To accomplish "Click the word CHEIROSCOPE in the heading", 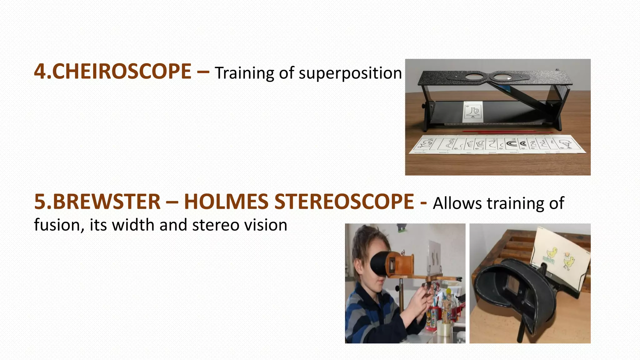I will click(x=122, y=72).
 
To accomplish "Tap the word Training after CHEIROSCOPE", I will click(x=244, y=73).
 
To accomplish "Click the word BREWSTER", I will click(x=107, y=202).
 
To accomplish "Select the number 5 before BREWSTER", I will click(x=40, y=202).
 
